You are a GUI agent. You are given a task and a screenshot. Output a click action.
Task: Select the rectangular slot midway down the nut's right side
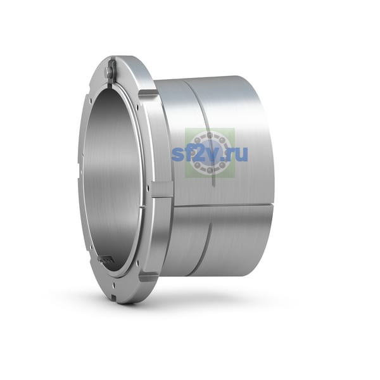(162, 189)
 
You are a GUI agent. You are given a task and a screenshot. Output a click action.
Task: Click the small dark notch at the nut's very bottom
(114, 296)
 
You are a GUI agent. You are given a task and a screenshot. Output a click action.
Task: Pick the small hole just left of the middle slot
(147, 187)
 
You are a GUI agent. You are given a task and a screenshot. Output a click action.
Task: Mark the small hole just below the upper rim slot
(137, 106)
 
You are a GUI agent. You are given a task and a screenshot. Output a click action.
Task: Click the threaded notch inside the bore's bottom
(106, 260)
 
